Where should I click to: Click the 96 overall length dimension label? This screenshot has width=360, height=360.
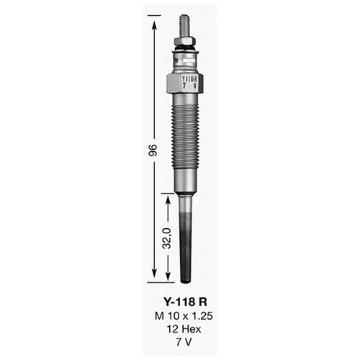[153, 150]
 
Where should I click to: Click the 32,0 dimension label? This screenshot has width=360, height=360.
[166, 238]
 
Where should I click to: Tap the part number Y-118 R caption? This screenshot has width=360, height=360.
[185, 302]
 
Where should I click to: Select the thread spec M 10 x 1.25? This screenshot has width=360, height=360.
[184, 316]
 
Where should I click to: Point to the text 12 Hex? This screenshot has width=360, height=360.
[184, 329]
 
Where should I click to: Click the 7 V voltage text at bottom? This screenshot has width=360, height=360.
[184, 342]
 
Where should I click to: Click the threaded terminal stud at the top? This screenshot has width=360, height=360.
[184, 26]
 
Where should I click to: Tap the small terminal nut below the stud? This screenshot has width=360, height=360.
[185, 42]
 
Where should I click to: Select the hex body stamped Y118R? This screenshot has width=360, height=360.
[185, 83]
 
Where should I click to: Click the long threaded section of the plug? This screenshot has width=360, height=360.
[185, 136]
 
